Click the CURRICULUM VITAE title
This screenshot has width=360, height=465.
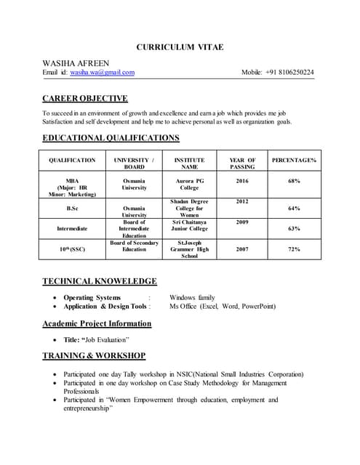coord(180,47)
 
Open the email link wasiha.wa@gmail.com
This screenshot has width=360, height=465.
coord(103,73)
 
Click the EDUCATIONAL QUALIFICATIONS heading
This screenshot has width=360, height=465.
coord(111,138)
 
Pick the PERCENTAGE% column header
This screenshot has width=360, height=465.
coord(294,160)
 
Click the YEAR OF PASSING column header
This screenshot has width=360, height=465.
coord(242,163)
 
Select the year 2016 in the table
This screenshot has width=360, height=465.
coord(242,180)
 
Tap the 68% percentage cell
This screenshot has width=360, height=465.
coord(294,180)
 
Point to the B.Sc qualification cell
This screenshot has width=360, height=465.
coord(72,208)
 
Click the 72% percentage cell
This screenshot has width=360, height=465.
coord(294,249)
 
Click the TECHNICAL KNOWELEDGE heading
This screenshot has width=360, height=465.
coord(99,281)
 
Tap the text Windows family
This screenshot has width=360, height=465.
coord(192,297)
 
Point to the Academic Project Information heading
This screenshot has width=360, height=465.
coord(97,323)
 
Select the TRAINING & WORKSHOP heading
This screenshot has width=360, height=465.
coord(94,356)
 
